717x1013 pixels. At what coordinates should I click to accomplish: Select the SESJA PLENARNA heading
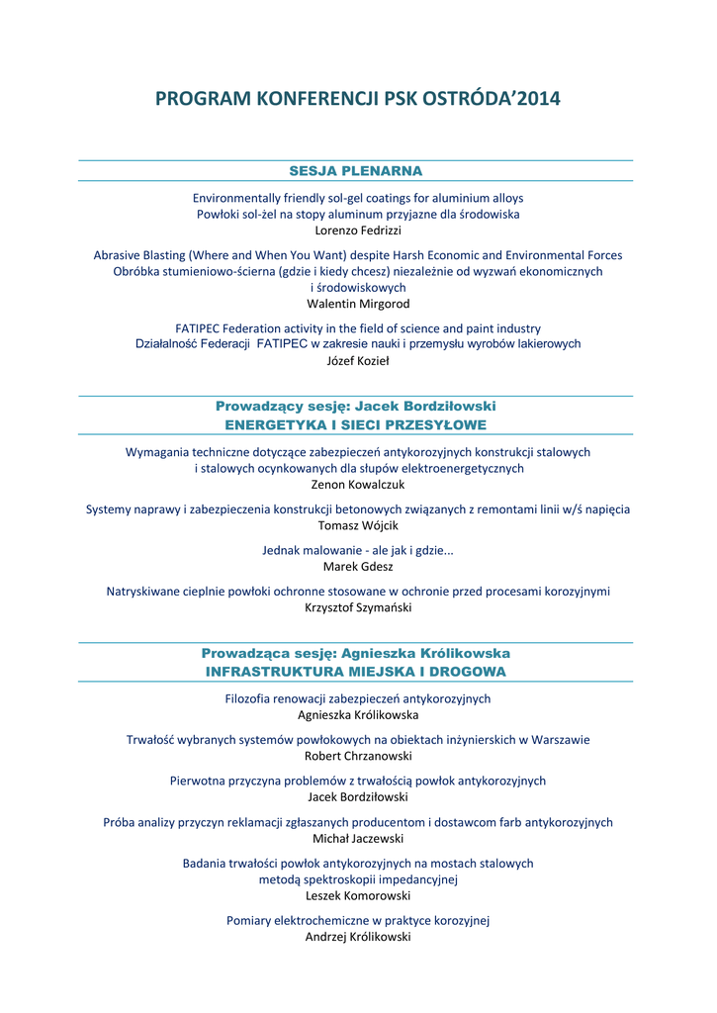[x=356, y=171]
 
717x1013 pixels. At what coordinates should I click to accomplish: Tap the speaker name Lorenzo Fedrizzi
[x=358, y=230]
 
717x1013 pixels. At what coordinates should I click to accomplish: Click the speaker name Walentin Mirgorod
[x=358, y=304]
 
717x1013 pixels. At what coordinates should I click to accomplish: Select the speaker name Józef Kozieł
[x=358, y=360]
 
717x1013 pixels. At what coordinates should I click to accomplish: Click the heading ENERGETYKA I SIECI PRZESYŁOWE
[x=356, y=424]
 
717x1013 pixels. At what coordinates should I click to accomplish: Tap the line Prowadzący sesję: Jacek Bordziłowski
[x=356, y=407]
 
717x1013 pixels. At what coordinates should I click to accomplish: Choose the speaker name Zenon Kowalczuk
[x=358, y=485]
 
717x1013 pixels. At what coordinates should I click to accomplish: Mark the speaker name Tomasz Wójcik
[x=358, y=525]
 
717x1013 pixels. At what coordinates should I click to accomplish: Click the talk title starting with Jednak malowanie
[x=358, y=550]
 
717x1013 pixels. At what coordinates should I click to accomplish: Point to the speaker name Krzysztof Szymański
[x=358, y=607]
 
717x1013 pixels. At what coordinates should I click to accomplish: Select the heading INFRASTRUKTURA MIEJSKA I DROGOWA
[x=356, y=671]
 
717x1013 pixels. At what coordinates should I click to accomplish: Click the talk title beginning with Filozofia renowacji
[x=358, y=698]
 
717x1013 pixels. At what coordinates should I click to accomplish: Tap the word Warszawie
[x=561, y=739]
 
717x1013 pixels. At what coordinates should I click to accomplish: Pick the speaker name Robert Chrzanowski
[x=358, y=755]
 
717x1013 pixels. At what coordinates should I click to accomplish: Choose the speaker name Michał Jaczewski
[x=358, y=838]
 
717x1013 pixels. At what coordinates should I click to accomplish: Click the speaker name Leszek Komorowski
[x=358, y=895]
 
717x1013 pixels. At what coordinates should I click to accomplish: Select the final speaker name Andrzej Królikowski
[x=358, y=936]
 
